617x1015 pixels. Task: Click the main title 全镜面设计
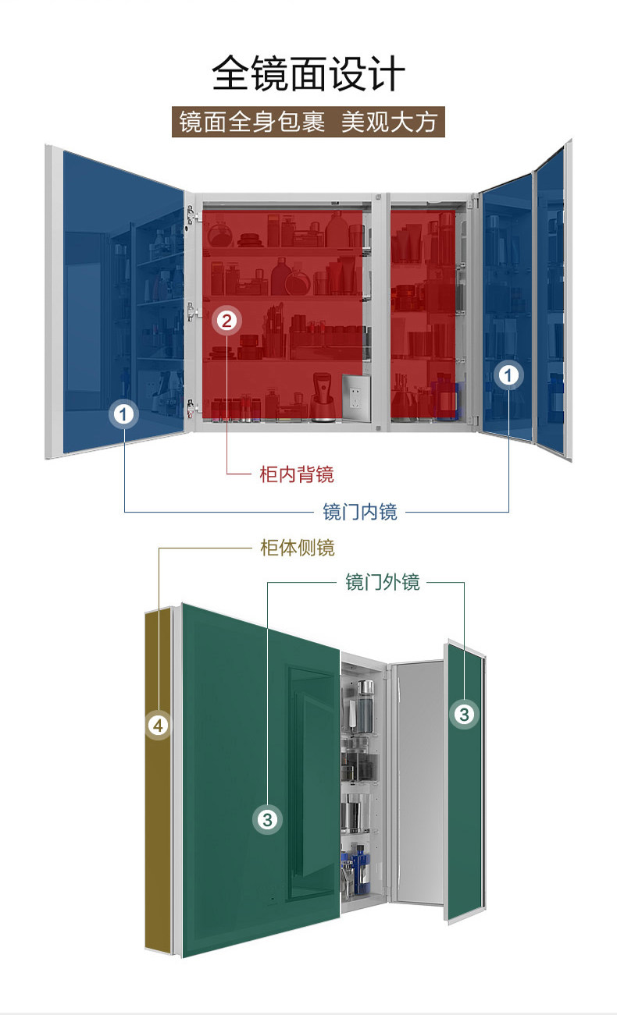coord(308,74)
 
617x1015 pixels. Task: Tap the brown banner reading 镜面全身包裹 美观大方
coord(308,122)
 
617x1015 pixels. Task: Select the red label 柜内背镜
coord(297,474)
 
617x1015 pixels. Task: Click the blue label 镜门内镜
coord(360,512)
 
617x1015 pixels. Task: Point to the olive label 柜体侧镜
coord(297,548)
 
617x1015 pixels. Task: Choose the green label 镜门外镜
coord(383,582)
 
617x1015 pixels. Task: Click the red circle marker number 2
coord(226,320)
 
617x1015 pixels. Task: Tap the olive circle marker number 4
coord(159,726)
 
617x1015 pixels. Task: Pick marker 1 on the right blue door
coord(508,376)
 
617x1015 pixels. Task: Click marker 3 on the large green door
coord(268,819)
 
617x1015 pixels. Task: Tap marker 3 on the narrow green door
coord(464,713)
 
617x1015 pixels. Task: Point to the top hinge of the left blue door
coord(190,214)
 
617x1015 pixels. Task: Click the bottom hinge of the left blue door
coord(190,407)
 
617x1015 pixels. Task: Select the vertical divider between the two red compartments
coord(381,312)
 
